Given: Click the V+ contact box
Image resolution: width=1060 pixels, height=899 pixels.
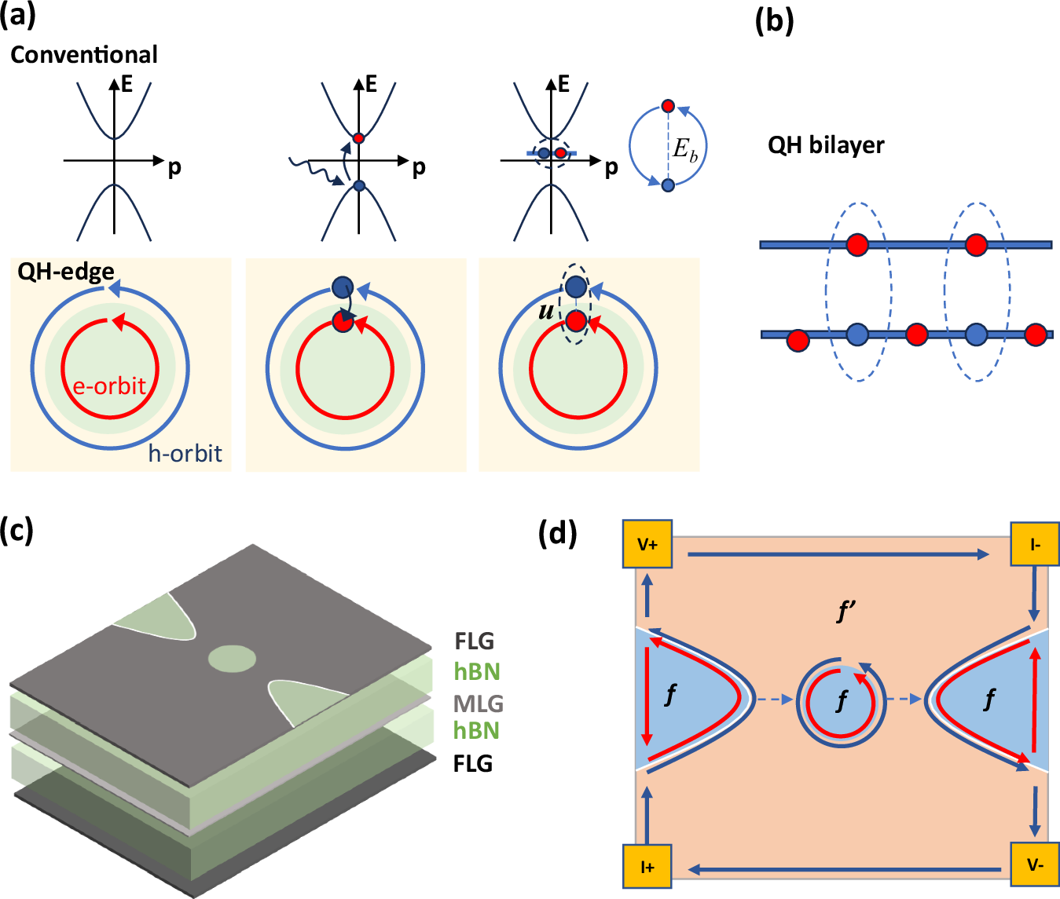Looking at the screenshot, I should click(x=647, y=544).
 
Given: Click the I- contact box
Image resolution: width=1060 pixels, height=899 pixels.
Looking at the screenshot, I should click(x=1035, y=544).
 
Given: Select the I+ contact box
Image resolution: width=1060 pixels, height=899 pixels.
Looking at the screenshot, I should click(x=647, y=867).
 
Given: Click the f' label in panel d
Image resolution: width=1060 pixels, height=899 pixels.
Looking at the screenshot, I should click(x=846, y=611).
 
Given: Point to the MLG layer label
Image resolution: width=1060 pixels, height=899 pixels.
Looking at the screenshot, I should click(x=478, y=703).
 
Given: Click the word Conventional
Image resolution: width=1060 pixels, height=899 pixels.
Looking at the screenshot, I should click(x=84, y=55).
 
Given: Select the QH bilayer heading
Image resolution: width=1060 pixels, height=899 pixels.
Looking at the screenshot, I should click(x=826, y=145).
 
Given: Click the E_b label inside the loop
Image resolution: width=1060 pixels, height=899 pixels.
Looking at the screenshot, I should click(x=684, y=149).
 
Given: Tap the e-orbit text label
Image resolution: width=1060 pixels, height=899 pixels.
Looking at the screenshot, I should click(x=109, y=386).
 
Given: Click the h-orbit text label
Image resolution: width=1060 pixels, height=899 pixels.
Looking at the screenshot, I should click(x=185, y=454).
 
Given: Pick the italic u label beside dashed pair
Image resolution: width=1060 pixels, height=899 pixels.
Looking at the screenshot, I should click(x=545, y=311).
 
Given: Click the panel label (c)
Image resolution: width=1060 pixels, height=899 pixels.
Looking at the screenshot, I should click(x=17, y=530).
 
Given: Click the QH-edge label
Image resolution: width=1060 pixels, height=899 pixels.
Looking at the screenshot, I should click(x=66, y=272).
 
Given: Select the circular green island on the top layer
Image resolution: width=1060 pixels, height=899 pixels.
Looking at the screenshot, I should click(x=233, y=658).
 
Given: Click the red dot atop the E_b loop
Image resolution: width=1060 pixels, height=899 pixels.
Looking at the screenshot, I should click(x=668, y=106).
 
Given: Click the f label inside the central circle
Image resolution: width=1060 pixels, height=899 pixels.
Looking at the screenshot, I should click(x=842, y=700).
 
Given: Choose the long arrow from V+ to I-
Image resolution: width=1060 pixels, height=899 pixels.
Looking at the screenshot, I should click(x=838, y=554).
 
